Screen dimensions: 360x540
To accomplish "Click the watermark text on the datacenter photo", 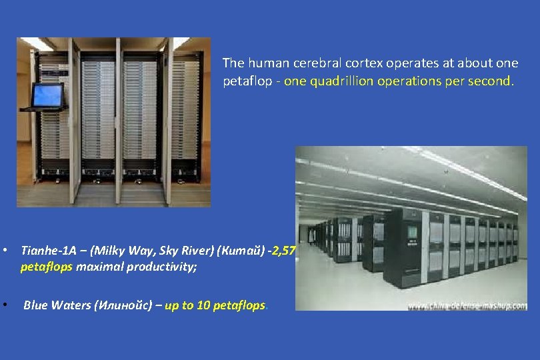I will [467, 305].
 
